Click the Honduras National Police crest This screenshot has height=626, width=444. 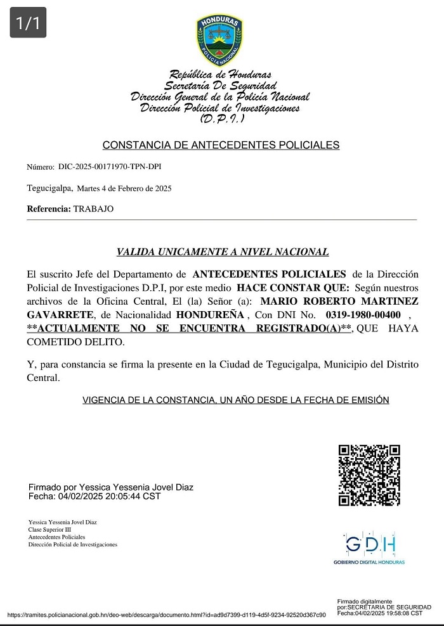pos(219,40)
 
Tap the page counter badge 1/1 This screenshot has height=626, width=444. pos(27,23)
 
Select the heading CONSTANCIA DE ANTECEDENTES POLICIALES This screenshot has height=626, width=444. pos(221,145)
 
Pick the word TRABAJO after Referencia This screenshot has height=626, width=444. pos(93,208)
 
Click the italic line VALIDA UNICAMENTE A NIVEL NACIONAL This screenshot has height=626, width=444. pos(223,252)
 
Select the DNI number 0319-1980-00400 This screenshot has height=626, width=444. pos(363,315)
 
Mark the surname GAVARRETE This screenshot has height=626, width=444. pos(60,315)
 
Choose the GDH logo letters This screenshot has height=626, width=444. pos(370,544)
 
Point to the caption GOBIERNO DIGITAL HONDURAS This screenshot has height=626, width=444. pos(369,562)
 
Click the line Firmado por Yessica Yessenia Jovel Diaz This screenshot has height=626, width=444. pos(111,487)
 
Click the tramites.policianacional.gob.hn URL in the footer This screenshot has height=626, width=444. pos(167,615)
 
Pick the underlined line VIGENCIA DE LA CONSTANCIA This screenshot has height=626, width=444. pos(235,400)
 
